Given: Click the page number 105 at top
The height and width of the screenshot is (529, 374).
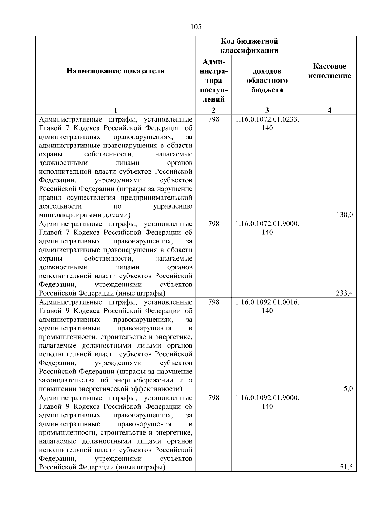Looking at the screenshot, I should tap(196, 27).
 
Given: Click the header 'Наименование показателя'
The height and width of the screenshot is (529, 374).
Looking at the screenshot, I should tap(115, 71).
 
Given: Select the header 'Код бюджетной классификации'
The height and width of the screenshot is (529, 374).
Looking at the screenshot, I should tap(249, 46).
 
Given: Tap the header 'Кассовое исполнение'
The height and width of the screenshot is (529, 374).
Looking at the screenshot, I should tap(330, 71).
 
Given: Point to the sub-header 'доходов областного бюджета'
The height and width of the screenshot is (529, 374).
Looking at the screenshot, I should tap(267, 80).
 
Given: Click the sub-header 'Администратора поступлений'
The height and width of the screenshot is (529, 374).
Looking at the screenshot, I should tap(213, 80).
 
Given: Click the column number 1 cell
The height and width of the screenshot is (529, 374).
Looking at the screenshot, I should tap(115, 110).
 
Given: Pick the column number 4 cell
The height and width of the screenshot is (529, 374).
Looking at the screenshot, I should tap(330, 110).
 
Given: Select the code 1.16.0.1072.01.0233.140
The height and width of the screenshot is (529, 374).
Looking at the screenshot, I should tap(267, 124).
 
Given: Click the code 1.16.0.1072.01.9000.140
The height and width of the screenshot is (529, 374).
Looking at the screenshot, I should tap(267, 228).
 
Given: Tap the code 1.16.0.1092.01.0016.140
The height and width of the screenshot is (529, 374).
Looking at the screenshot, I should tap(267, 306).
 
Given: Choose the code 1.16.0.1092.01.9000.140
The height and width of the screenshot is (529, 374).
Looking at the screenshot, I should tap(267, 402).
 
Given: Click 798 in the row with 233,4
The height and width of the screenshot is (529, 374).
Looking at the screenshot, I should tap(213, 224).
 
